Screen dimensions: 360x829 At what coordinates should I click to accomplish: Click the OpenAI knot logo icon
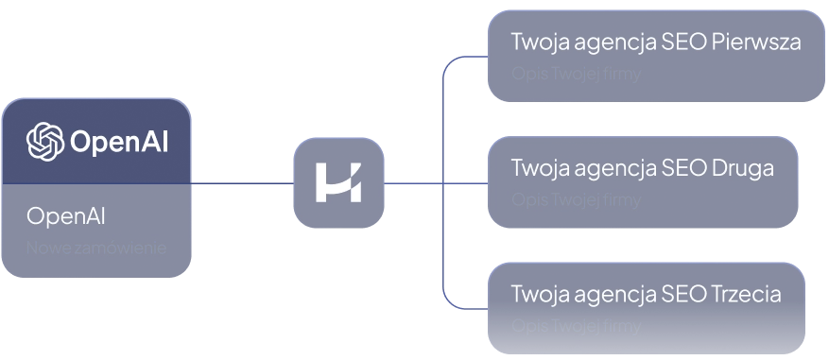[x=45, y=142]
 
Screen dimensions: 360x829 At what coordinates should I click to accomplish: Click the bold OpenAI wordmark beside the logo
[x=120, y=143]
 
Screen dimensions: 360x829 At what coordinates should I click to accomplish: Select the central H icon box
[x=339, y=182]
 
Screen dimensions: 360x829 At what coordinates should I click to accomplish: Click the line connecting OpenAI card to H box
[x=242, y=182]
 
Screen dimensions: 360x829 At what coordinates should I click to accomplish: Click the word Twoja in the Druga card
[x=537, y=168]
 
